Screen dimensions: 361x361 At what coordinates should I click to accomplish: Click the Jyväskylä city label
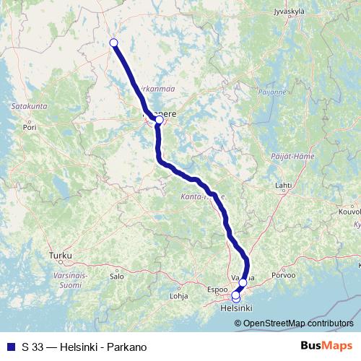point(290,12)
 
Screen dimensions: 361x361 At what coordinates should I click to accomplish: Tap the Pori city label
point(30,126)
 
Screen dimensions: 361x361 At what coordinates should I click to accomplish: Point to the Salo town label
point(116,276)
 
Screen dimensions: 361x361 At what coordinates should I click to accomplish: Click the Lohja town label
point(178,295)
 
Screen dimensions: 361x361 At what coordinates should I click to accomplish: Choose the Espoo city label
point(217,289)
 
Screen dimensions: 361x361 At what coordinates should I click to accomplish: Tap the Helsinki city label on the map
point(235,308)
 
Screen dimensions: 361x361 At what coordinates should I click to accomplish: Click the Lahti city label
point(284,186)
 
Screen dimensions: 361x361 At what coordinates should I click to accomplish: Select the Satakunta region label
point(30,106)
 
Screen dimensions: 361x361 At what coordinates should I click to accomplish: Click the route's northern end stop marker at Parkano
point(113,43)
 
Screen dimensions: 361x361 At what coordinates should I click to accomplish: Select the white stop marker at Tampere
point(159,121)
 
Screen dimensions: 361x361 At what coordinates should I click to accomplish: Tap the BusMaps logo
point(326,347)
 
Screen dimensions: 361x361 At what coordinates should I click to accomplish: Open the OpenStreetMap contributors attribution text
point(299,323)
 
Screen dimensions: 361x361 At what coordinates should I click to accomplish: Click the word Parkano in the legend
point(126,347)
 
